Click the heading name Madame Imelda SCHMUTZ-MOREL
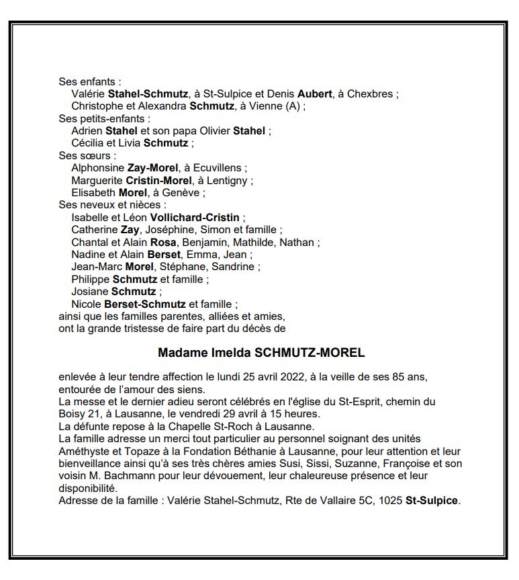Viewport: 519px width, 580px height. [x=261, y=353]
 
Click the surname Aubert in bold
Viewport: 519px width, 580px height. [x=316, y=94]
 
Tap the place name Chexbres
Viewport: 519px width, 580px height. [x=369, y=94]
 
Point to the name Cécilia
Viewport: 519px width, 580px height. [x=88, y=143]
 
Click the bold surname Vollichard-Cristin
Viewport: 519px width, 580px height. [x=195, y=217]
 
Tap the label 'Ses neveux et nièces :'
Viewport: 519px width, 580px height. [x=112, y=205]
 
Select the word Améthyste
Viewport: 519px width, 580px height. [x=86, y=451]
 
